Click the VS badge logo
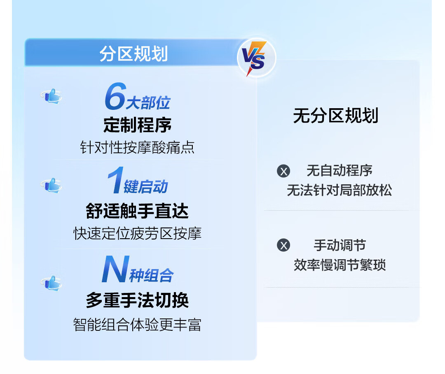pos(256,58)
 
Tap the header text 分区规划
pos(133,53)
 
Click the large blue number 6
pos(115,96)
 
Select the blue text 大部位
pos(148,102)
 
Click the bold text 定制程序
pos(137,125)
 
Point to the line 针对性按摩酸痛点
pos(137,147)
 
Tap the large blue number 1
pos(115,180)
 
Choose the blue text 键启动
pos(146,187)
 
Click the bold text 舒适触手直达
pos(137,211)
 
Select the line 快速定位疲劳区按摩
pos(137,233)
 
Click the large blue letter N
pos(115,269)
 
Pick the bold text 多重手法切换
pos(137,300)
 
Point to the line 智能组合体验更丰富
pos(137,325)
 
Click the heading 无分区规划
pos(336,116)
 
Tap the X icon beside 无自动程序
pos(283,171)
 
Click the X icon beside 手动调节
pos(283,245)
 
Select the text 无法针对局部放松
pos(340,190)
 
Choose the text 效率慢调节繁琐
pos(340,265)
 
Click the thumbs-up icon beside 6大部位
pos(52,96)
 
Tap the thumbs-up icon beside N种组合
pos(52,283)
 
